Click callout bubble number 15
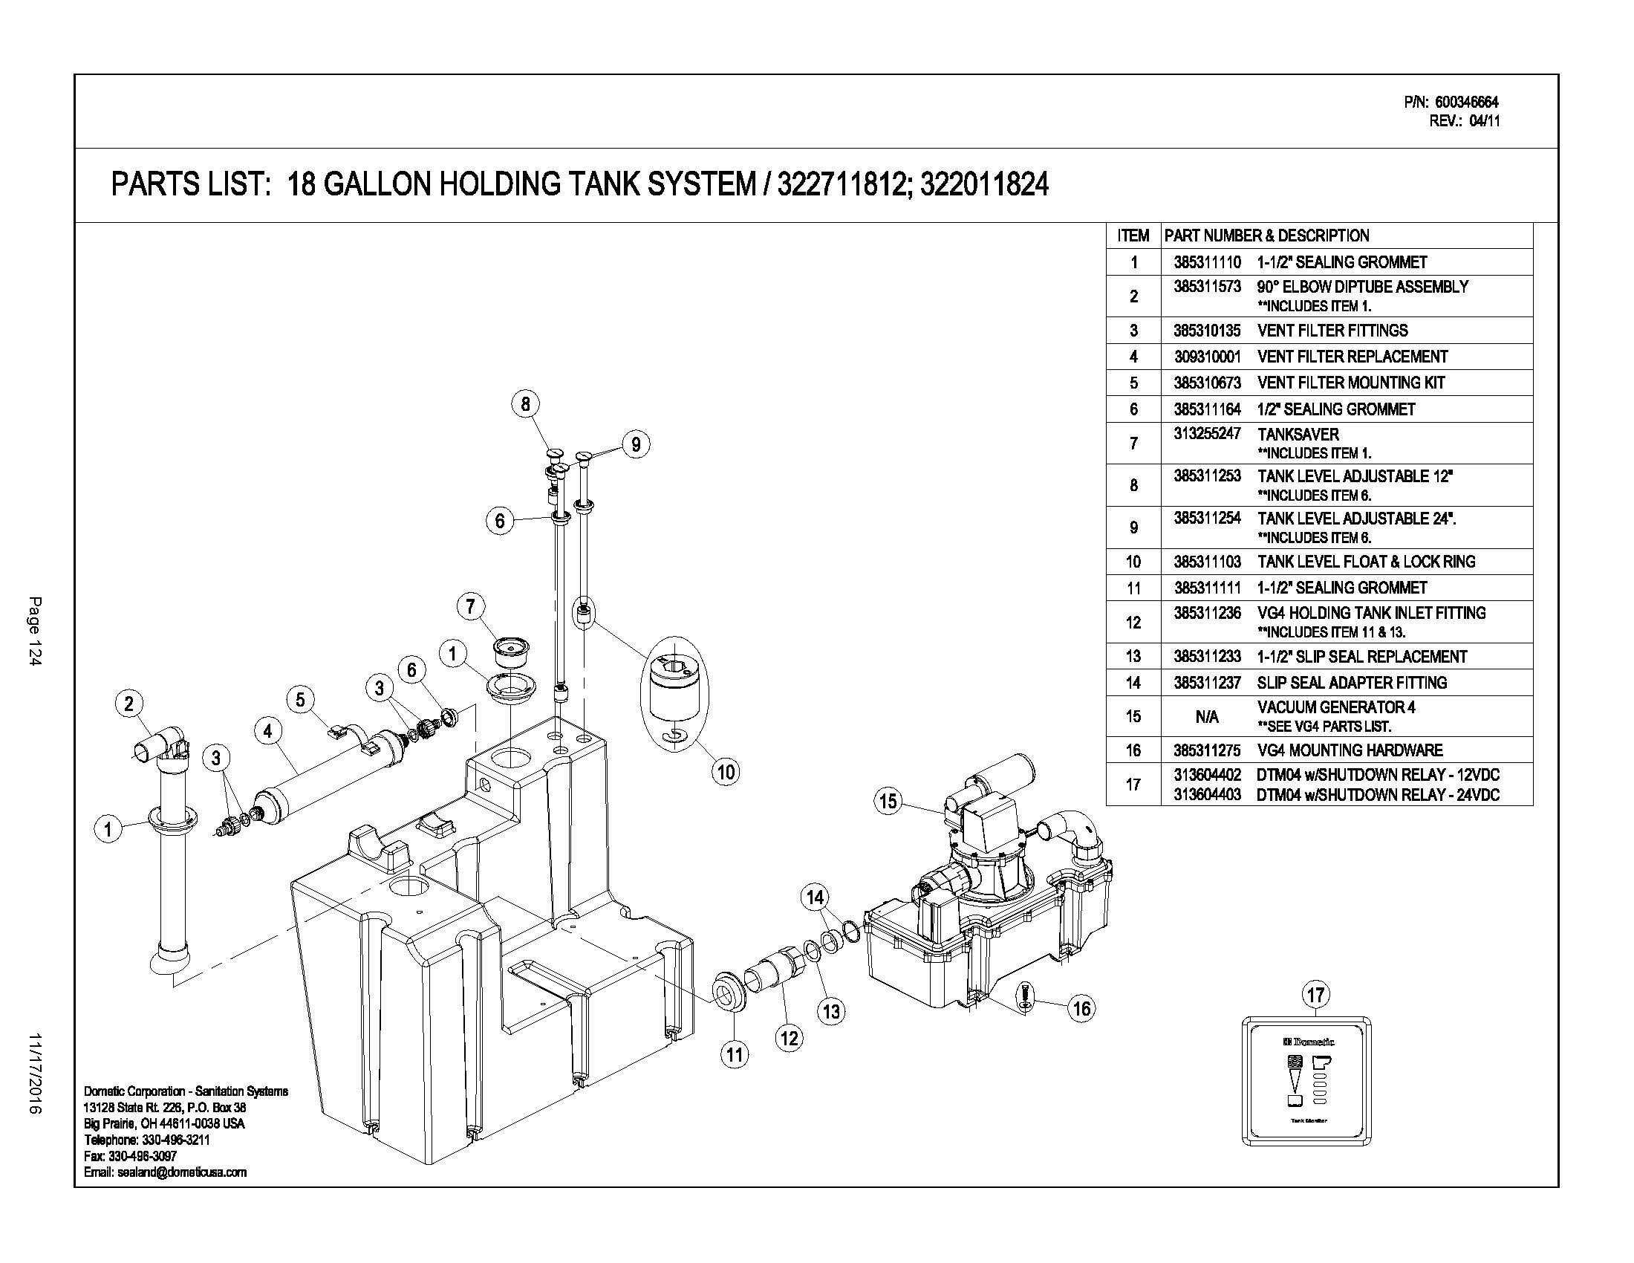(888, 802)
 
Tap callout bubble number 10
(726, 771)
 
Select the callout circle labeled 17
(1315, 994)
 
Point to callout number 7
(470, 605)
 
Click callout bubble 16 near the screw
(1082, 1009)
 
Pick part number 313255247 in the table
(1207, 434)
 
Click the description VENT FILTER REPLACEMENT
(1352, 357)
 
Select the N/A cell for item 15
(1207, 717)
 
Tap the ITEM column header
(1133, 236)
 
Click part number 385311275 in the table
(1207, 750)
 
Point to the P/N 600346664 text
(1451, 102)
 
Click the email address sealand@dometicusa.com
(166, 1172)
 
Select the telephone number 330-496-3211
(146, 1140)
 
